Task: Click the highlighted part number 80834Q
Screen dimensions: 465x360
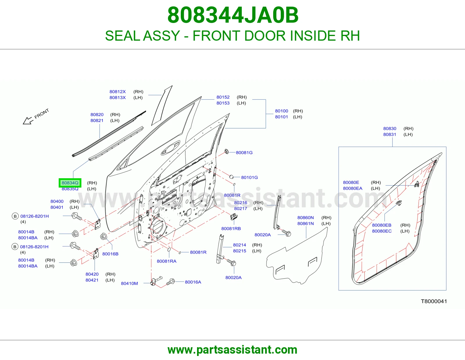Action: (70, 183)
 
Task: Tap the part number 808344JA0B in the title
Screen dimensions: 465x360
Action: (233, 15)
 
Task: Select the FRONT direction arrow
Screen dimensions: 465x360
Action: (28, 120)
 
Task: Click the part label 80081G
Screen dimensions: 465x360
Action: (244, 152)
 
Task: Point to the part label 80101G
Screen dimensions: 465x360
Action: (249, 177)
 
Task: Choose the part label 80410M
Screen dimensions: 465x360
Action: (129, 283)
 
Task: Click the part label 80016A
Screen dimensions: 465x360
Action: (193, 282)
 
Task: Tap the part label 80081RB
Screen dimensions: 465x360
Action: (231, 228)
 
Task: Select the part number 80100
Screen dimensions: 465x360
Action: (281, 111)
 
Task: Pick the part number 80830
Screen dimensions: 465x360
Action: (390, 129)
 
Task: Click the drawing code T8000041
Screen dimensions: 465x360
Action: (434, 301)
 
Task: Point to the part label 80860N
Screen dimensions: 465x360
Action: (305, 218)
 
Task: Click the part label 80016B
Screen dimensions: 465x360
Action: (110, 254)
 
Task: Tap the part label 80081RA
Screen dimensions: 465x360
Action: (167, 261)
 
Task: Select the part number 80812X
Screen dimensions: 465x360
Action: (117, 92)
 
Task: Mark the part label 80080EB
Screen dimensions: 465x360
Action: (382, 225)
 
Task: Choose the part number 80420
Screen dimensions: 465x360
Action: (92, 274)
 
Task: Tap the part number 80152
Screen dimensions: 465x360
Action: (223, 97)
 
